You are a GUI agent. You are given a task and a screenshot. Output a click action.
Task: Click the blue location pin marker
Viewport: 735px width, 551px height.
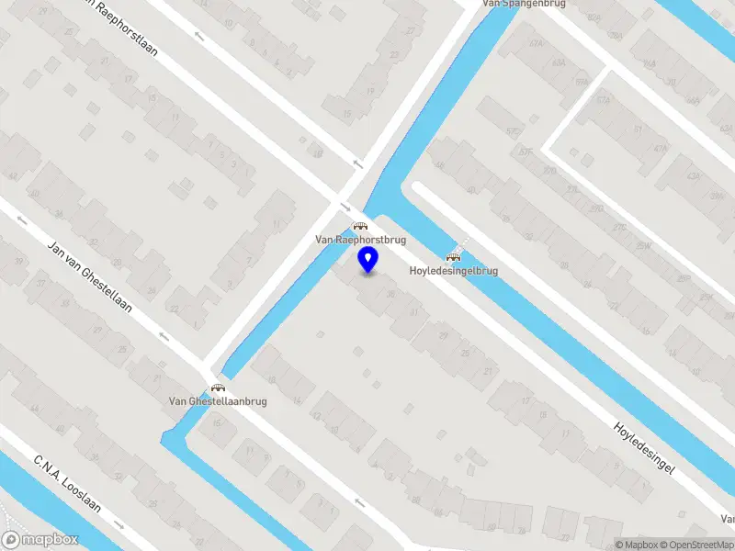[x=368, y=260]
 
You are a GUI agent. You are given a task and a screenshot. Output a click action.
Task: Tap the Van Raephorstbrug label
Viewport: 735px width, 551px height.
[x=360, y=240]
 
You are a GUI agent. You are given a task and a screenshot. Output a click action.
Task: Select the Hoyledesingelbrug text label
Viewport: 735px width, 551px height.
[x=453, y=271]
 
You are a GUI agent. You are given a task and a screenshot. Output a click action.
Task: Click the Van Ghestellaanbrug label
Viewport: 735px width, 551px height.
[x=218, y=401]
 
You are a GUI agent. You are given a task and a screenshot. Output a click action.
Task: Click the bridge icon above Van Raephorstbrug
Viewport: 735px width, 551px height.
[x=360, y=225]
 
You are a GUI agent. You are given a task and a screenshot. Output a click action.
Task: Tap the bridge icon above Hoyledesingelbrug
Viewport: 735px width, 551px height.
[x=452, y=257]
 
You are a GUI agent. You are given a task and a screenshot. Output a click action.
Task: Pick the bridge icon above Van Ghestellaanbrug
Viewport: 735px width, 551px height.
[x=218, y=388]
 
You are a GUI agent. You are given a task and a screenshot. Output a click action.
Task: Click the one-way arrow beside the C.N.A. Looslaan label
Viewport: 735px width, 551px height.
[x=119, y=524]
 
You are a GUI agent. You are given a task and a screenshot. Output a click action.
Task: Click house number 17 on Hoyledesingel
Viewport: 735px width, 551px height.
[x=526, y=400]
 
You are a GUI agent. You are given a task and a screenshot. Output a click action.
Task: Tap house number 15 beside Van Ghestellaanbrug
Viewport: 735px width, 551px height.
[x=218, y=423]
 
